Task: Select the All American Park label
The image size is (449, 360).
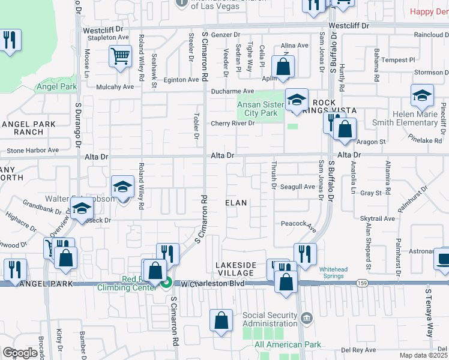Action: (x=288, y=344)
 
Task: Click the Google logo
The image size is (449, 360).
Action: (x=20, y=353)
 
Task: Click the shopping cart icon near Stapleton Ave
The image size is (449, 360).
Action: (x=120, y=56)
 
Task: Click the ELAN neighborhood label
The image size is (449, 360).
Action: (x=236, y=203)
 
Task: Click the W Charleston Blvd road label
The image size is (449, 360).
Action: (x=209, y=283)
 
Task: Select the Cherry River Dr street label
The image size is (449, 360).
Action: (x=232, y=124)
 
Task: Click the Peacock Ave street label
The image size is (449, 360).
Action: (x=299, y=224)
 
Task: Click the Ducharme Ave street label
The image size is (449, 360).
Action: (x=233, y=91)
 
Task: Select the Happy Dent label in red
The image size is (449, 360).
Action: (x=429, y=11)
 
